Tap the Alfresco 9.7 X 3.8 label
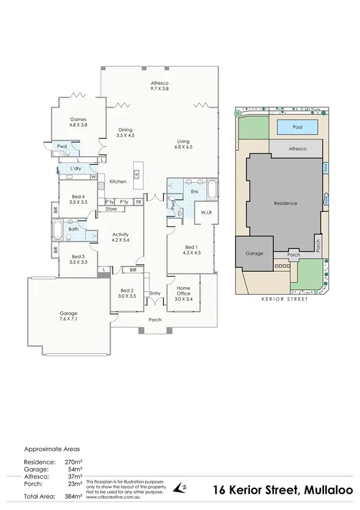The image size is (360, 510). click(159, 84)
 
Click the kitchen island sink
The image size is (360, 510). click(137, 174)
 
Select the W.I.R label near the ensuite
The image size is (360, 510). click(206, 213)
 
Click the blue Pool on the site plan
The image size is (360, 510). click(297, 127)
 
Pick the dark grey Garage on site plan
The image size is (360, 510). click(254, 253)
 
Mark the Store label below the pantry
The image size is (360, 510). click(111, 209)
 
